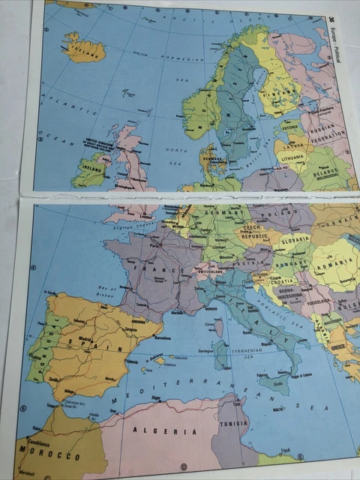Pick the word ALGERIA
(x=154, y=431)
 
